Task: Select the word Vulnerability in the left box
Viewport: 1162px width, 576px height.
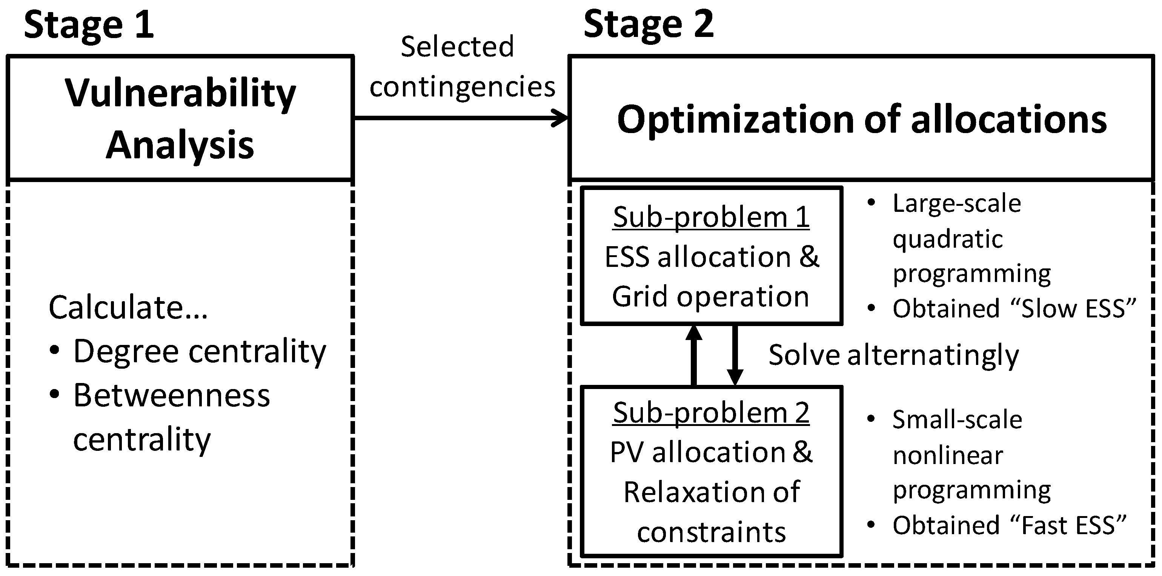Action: click(180, 94)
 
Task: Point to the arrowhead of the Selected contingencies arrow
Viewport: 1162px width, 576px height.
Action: click(562, 118)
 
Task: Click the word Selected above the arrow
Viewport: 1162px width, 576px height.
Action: click(457, 47)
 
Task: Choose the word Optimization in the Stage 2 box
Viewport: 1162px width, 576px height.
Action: click(735, 120)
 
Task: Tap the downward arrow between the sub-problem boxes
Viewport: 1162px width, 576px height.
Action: click(735, 356)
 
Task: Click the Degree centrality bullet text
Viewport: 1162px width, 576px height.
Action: click(199, 352)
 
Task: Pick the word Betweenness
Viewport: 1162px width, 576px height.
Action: click(171, 396)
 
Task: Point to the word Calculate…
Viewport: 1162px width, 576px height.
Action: click(128, 308)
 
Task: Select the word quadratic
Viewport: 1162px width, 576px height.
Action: click(947, 239)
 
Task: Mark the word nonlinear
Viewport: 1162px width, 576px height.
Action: click(947, 455)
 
